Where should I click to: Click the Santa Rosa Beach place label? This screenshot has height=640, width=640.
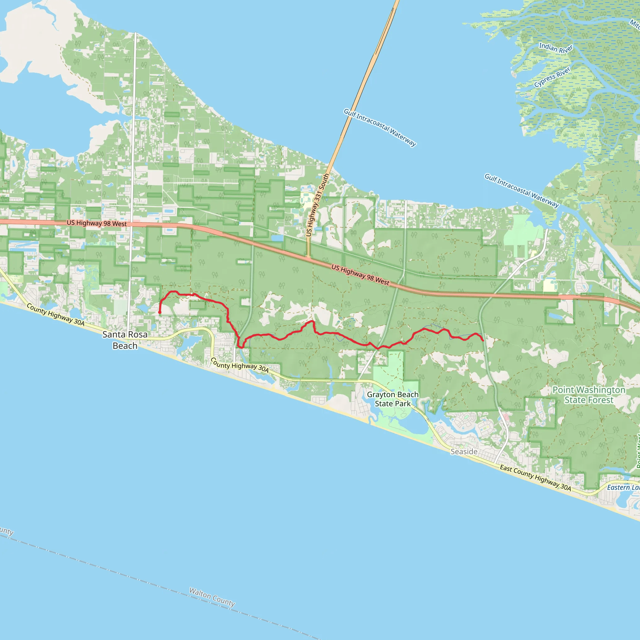pos(125,340)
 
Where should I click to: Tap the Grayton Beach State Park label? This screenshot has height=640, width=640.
pos(392,399)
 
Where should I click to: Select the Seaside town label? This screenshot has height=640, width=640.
pos(464,452)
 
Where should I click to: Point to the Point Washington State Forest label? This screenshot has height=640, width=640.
pos(589,395)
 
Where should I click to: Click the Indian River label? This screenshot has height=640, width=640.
pos(556,48)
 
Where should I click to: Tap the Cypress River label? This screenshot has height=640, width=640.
pos(552,77)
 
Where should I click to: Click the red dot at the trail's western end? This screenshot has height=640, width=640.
pos(160,312)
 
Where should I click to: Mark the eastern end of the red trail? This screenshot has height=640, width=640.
pos(483,341)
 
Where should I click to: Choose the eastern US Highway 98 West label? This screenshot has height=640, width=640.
pos(360,275)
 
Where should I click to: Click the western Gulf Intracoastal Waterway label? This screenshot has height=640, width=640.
pos(380,127)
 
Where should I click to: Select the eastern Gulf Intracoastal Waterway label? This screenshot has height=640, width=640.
pos(522,191)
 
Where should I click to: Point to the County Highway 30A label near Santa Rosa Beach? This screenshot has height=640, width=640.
pos(56,315)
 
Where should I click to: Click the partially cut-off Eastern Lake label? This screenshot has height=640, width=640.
pos(623,487)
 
